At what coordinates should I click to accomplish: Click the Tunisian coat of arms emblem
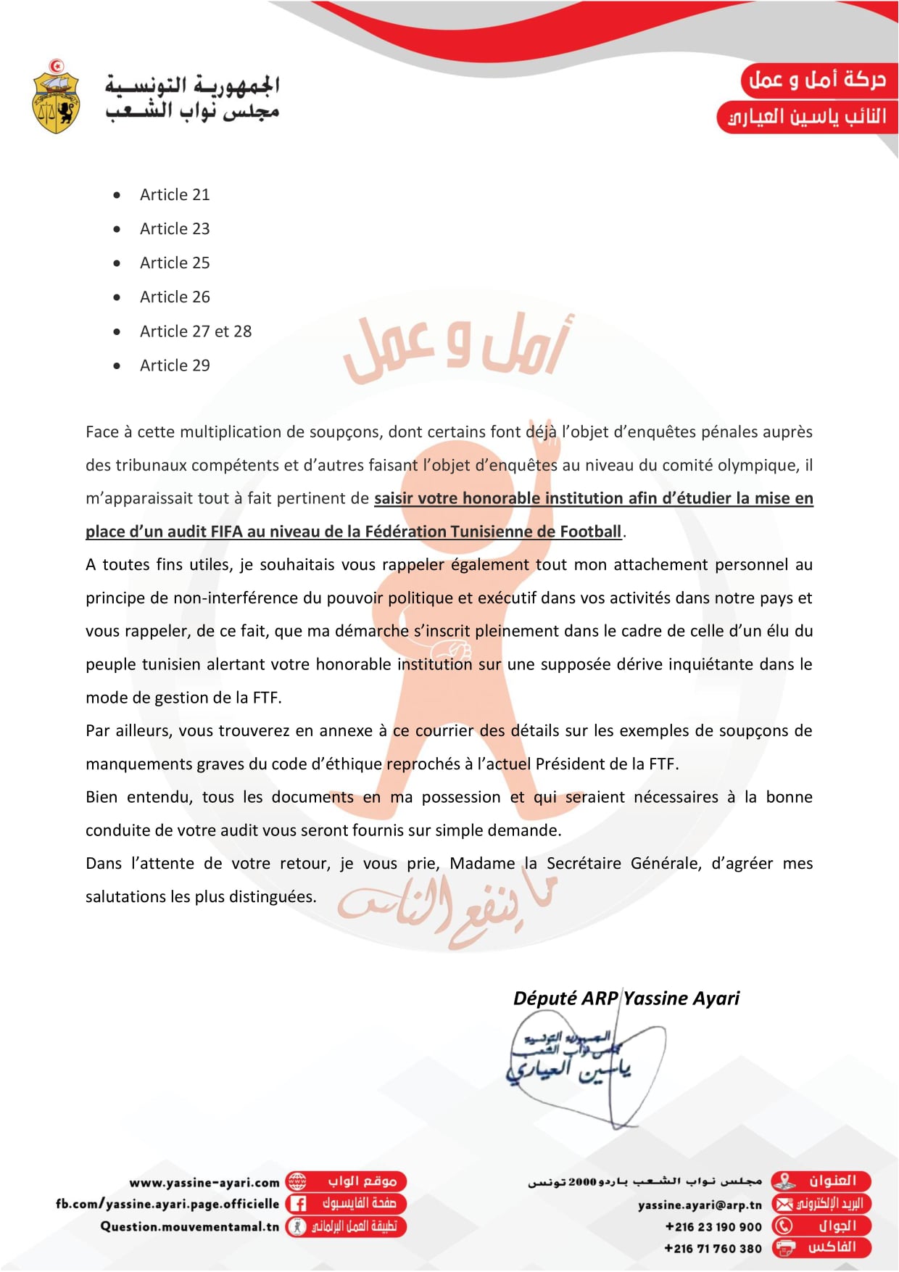tap(56, 97)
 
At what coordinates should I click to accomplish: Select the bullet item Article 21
tap(175, 195)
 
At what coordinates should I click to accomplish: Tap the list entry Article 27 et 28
tap(196, 331)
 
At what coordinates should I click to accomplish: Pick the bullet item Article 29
tap(175, 366)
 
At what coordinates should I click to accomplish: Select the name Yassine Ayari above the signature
tap(681, 999)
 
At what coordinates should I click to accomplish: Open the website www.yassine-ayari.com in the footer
tap(204, 1183)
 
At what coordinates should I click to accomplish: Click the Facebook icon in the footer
tap(297, 1204)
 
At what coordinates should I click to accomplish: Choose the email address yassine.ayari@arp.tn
tap(700, 1205)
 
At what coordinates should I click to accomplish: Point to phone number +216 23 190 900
tap(713, 1227)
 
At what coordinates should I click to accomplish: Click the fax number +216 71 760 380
tap(713, 1249)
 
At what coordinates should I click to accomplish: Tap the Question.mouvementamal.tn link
tap(189, 1226)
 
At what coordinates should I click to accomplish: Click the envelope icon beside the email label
tap(784, 1205)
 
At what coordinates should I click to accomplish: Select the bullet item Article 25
tap(175, 263)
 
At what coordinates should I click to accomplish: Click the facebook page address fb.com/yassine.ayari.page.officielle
tap(167, 1204)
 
